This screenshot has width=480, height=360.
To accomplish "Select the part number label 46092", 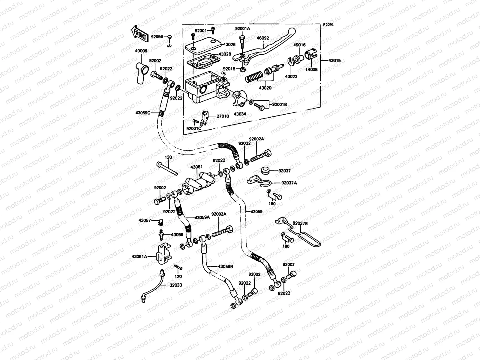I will click(262, 38).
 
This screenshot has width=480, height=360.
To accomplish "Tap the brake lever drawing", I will click(270, 48).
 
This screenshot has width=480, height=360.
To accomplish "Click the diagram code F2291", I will click(328, 25).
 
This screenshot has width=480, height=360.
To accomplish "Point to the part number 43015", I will click(334, 60).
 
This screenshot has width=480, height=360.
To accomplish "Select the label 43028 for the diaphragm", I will click(225, 54).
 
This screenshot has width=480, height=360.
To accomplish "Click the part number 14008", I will click(311, 69).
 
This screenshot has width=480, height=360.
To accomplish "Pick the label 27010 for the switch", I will click(222, 116).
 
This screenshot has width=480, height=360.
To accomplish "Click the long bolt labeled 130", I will click(167, 168).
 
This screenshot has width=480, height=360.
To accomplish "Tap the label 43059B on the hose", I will click(225, 266).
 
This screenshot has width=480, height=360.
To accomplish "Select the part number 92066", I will click(157, 37).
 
